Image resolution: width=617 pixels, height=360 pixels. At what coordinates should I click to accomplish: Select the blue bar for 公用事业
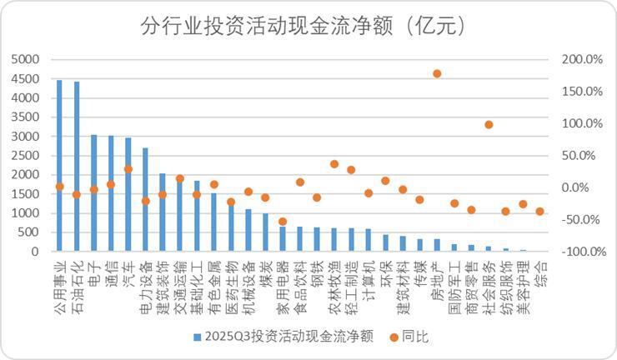59,167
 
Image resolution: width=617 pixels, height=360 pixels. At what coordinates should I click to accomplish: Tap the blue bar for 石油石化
77,167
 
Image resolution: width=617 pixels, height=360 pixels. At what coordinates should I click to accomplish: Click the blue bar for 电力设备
145,200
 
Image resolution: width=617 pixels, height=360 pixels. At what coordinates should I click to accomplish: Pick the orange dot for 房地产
437,73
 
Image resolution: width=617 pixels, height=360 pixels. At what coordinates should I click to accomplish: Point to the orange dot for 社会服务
489,125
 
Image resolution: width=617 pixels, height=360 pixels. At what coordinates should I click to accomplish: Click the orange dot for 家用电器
283,222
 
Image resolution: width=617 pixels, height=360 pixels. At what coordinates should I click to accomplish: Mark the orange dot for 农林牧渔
334,164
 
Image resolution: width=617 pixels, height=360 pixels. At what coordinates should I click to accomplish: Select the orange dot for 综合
540,212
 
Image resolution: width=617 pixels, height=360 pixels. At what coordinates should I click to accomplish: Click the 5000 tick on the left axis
27,60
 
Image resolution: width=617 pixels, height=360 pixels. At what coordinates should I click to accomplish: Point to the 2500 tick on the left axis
27,156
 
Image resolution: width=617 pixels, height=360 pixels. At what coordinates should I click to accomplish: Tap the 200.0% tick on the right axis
583,60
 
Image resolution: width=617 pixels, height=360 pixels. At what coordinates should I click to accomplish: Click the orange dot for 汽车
128,169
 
